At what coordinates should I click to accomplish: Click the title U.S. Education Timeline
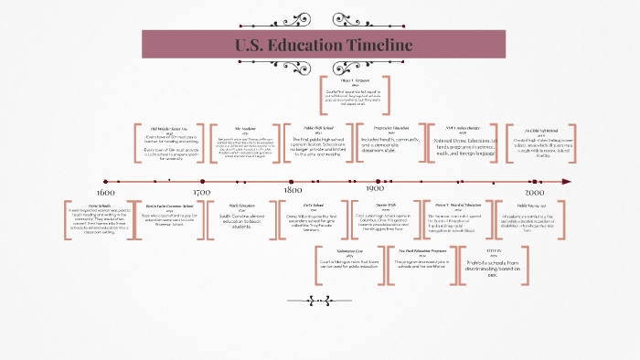324,46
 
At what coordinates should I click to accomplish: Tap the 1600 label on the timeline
105,193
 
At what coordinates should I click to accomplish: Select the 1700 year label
202,193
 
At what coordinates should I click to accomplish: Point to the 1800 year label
293,193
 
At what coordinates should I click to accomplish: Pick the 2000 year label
535,193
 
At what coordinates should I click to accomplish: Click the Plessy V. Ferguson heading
352,79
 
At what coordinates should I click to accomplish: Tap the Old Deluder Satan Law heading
170,129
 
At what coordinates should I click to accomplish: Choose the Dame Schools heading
100,206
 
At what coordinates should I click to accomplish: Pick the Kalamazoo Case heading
318,249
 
